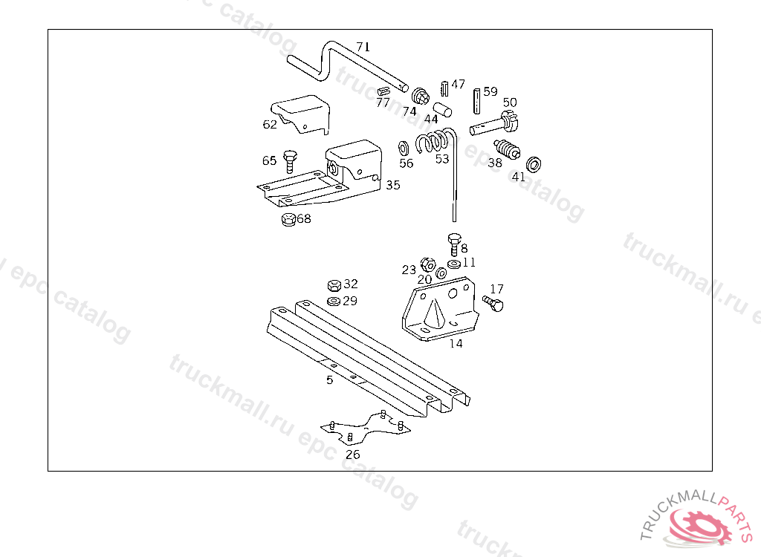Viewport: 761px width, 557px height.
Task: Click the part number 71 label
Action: pos(363,47)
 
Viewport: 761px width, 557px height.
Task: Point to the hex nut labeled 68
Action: pos(288,220)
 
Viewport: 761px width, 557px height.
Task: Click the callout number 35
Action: pos(392,184)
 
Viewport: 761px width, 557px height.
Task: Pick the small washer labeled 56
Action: pos(404,146)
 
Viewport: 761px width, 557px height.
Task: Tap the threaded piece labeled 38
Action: pos(505,152)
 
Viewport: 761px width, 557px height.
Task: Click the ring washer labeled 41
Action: pos(534,163)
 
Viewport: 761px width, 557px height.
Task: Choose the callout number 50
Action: pos(510,102)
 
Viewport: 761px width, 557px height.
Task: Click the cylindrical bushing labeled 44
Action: pos(444,110)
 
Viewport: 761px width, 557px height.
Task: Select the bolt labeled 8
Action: pos(453,243)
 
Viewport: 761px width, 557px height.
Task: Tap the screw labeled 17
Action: pos(492,303)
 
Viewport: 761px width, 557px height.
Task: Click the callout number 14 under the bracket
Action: pos(456,344)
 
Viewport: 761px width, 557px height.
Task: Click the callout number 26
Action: pos(353,455)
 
